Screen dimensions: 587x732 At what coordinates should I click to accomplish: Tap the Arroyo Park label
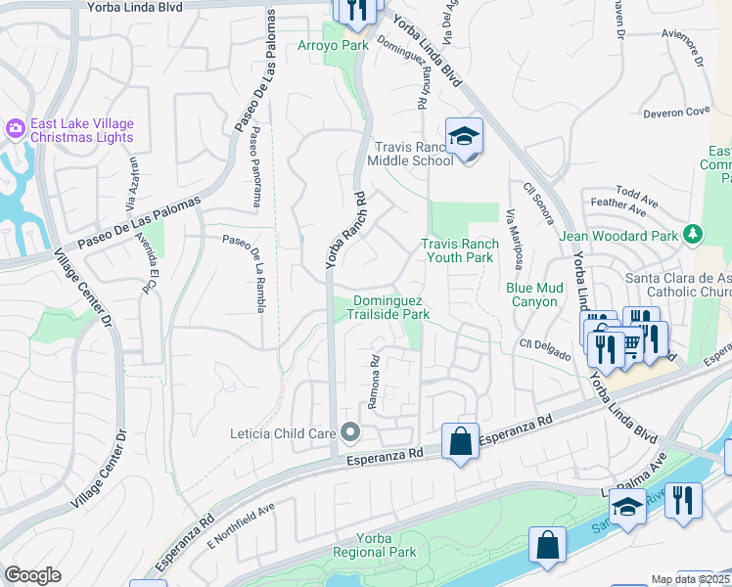(333, 45)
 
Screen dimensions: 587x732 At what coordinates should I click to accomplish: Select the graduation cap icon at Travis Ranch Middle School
(465, 137)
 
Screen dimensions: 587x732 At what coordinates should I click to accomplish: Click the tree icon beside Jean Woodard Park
(693, 234)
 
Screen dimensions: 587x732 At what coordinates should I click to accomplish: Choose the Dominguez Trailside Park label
(390, 307)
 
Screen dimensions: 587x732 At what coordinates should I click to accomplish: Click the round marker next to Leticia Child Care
(350, 432)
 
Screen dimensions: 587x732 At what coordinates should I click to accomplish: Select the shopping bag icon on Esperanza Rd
(460, 441)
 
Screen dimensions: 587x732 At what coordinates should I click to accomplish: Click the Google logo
(32, 575)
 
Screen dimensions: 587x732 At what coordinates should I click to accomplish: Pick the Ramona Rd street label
(373, 382)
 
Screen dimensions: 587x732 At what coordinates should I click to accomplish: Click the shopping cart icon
(631, 342)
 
